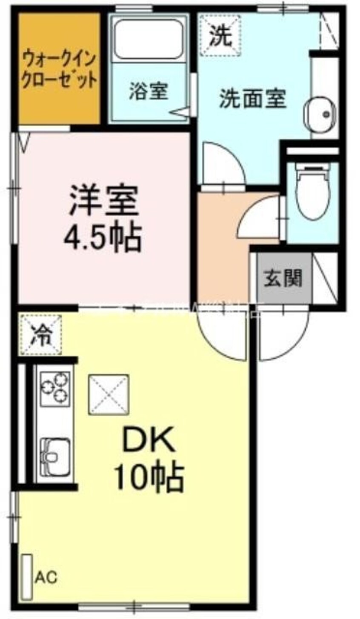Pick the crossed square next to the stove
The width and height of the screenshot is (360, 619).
(108, 394)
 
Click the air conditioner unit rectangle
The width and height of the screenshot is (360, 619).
(27, 574)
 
